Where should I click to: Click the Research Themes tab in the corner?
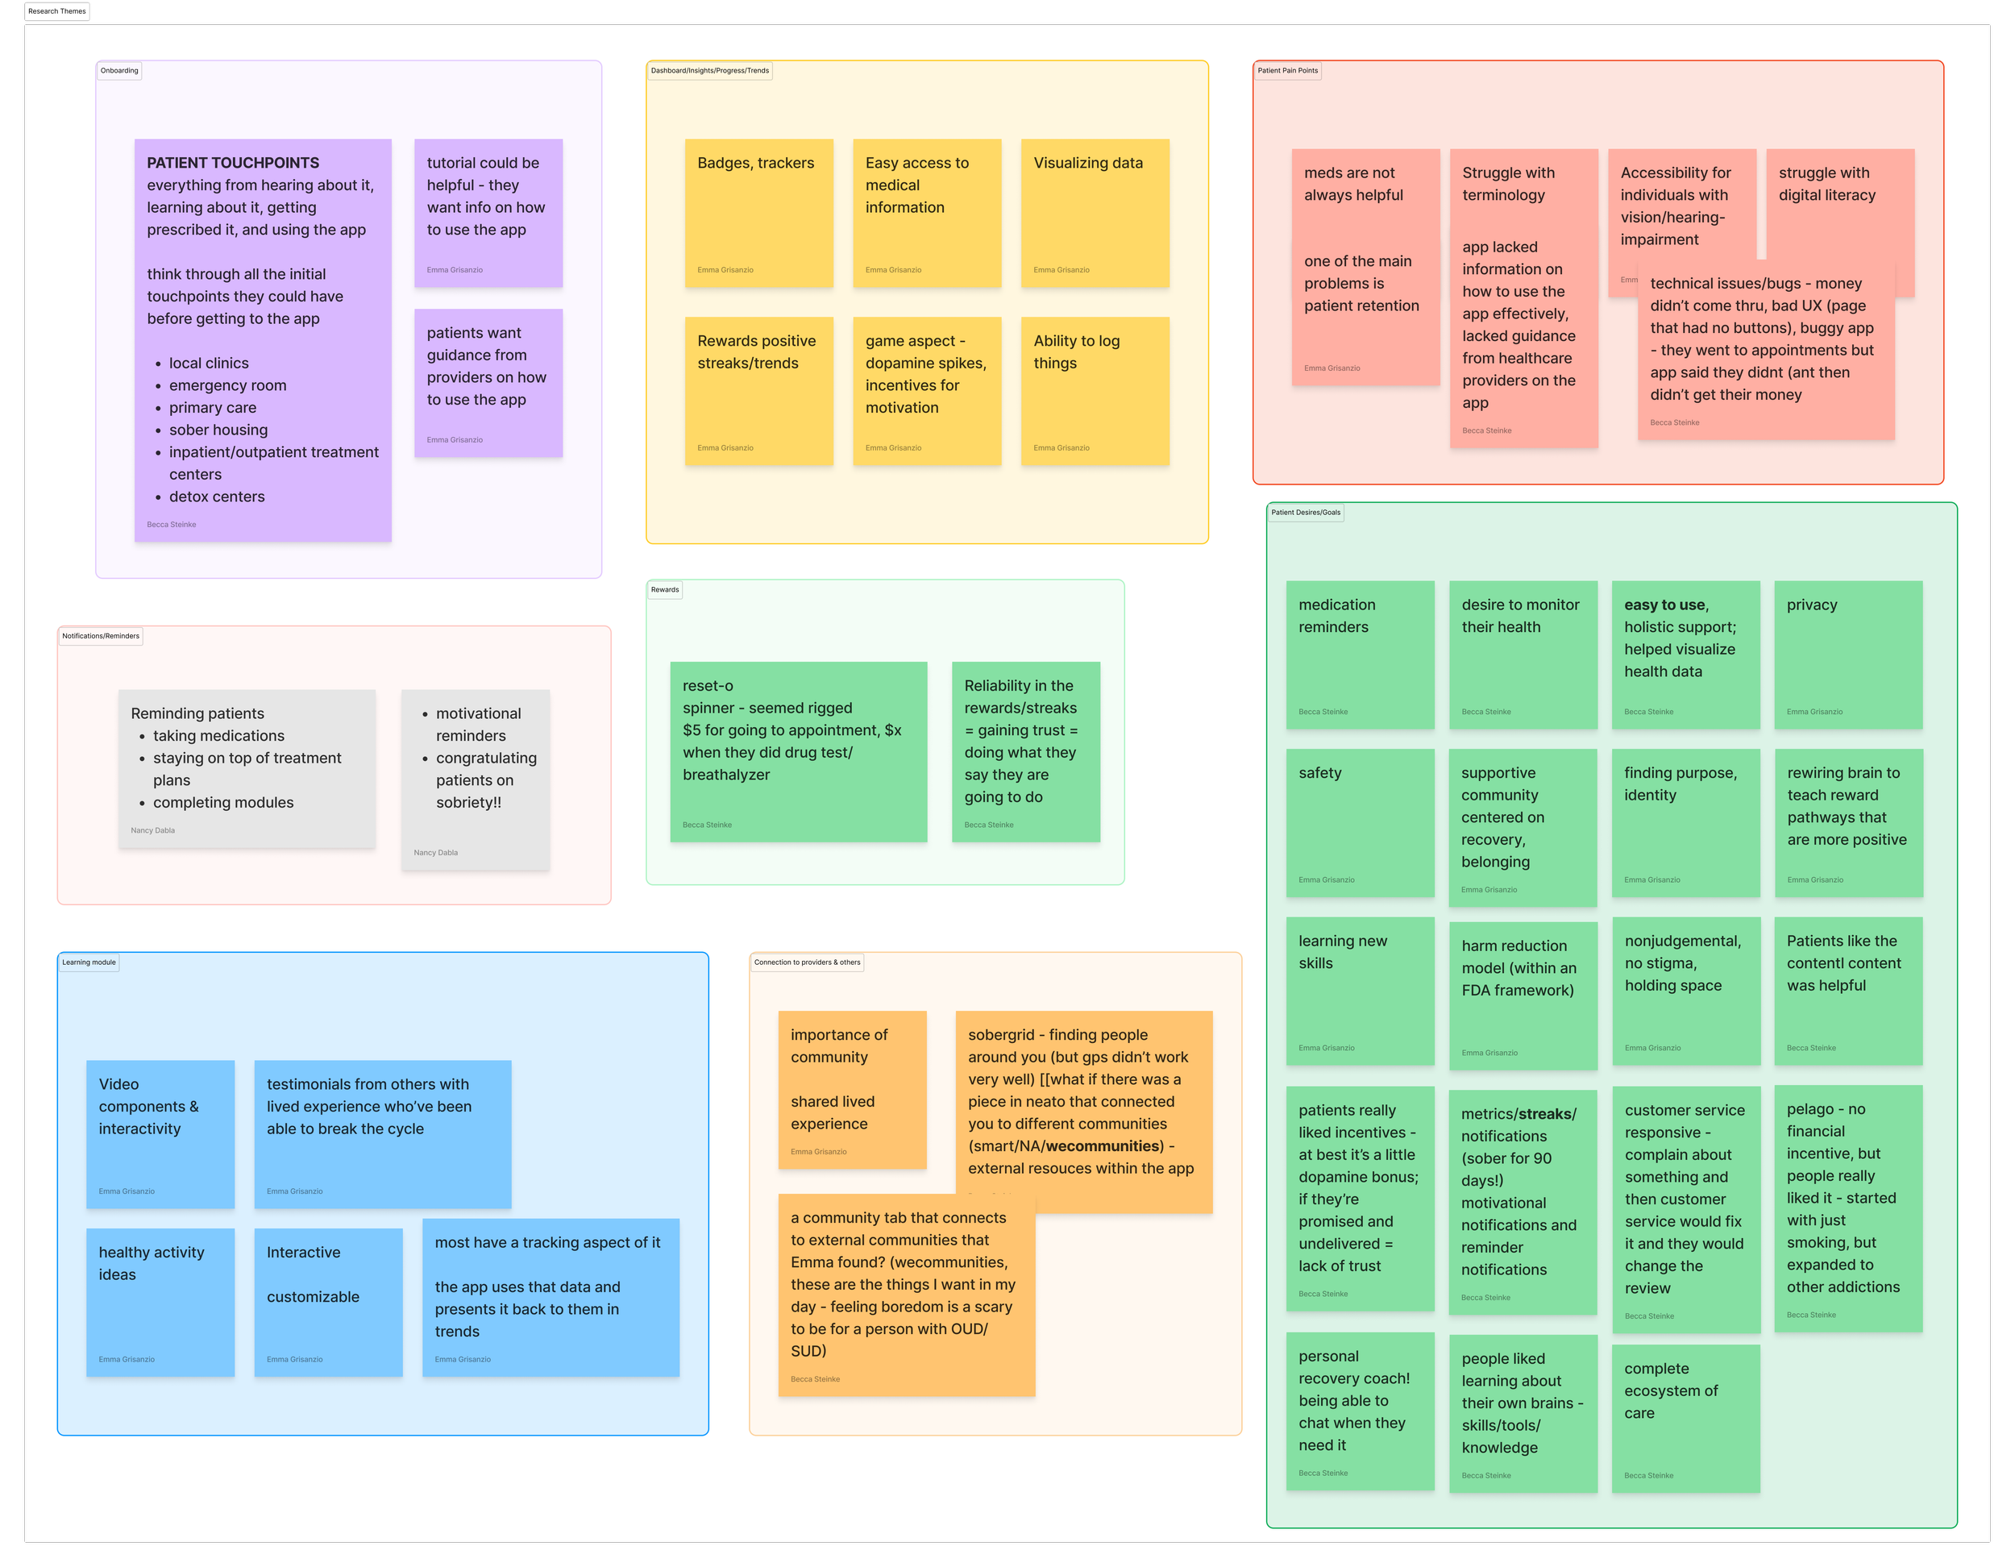pos(57,11)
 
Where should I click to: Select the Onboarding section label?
pos(119,71)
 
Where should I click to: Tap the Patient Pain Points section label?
pos(1287,71)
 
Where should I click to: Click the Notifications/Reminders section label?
pos(101,636)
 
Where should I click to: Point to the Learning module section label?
pos(89,962)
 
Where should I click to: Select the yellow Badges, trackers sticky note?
pos(758,213)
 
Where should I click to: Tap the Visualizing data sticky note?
pos(1095,213)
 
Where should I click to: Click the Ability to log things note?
pos(1095,391)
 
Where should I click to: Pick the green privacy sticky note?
pos(1848,655)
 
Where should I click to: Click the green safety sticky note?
pos(1360,822)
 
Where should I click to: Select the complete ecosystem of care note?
pos(1685,1418)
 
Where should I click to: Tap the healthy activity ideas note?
pos(160,1301)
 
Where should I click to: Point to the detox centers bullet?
pos(217,497)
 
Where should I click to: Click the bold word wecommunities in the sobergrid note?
pos(1103,1146)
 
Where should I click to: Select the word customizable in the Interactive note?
pos(314,1298)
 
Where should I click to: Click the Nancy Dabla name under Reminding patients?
pos(152,830)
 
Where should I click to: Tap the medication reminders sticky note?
pos(1360,655)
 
